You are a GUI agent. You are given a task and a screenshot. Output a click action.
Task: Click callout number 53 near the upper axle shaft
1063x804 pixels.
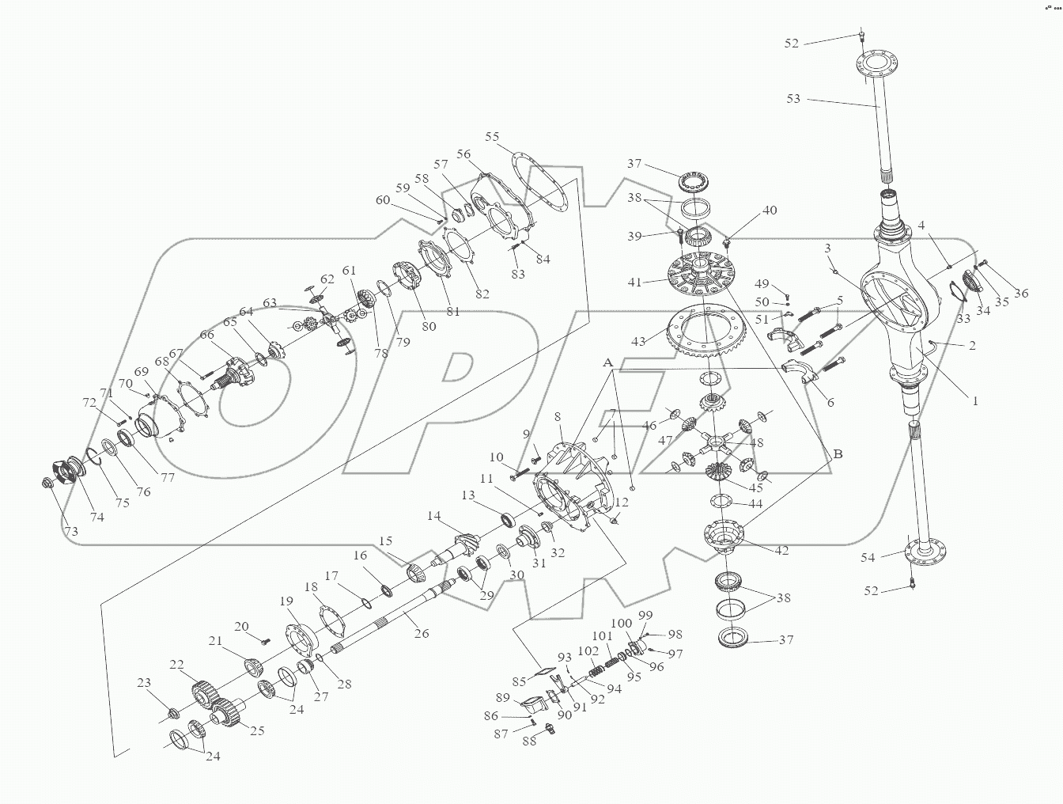pos(793,99)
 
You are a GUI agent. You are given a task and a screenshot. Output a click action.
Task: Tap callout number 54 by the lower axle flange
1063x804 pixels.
pos(868,558)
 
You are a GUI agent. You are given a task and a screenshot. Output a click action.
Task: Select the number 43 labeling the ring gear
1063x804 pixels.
pos(638,341)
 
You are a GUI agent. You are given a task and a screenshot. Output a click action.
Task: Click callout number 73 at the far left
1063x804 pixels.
pos(71,532)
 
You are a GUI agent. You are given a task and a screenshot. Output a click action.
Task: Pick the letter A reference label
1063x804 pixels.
pos(607,362)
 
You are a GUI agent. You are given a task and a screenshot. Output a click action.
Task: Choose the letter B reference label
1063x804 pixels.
pos(838,454)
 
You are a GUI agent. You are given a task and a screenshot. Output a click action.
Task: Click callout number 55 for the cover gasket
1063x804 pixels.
pos(492,137)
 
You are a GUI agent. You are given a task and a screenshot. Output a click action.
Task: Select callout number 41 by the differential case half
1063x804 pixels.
pos(635,281)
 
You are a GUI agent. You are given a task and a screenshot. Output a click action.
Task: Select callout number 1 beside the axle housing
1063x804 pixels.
pos(975,401)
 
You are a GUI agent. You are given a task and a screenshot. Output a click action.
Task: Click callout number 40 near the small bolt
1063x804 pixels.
pos(770,210)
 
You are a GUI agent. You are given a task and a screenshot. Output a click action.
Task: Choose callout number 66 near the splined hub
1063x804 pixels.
pos(206,335)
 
